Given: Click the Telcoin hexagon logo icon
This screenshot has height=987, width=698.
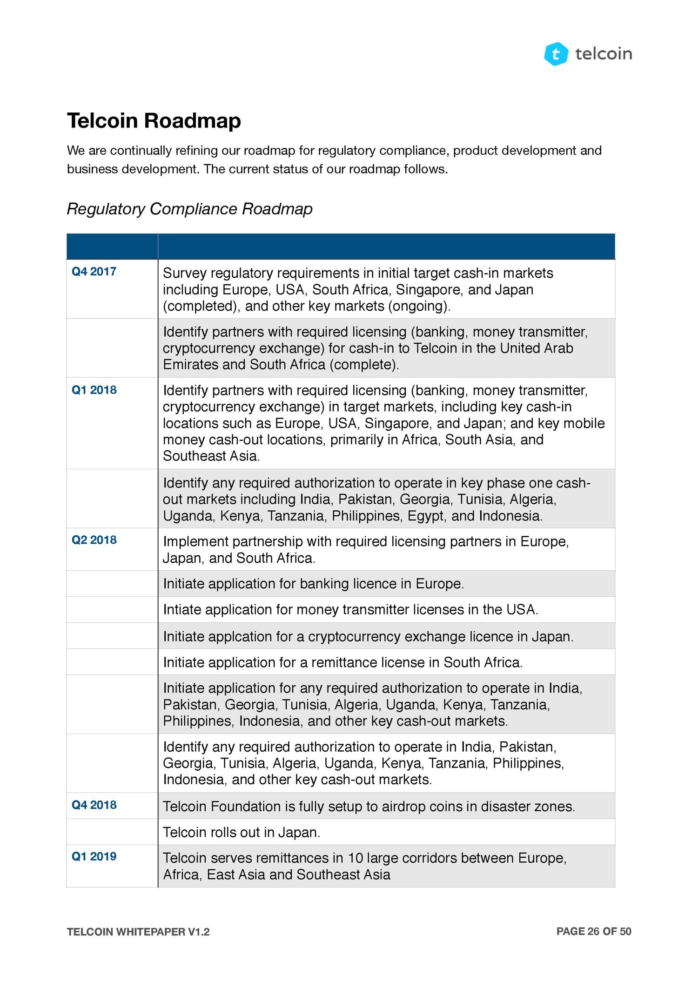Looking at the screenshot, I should tap(556, 54).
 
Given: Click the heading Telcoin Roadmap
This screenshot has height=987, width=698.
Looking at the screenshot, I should tap(154, 120).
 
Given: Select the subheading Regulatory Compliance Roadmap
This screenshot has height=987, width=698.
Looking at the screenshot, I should tap(189, 209).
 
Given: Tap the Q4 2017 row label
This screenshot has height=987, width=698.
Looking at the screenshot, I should tap(94, 272).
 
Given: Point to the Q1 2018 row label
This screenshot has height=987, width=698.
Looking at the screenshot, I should tap(94, 390).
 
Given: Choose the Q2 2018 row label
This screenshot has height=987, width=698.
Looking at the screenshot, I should tap(94, 540).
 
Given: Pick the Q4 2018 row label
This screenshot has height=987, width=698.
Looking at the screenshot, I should tap(94, 805).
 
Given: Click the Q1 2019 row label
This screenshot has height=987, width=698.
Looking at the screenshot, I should tap(94, 856).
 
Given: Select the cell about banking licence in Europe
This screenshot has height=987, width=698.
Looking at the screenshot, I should tap(313, 584).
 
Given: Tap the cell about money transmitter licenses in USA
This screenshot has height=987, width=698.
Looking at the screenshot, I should tap(350, 610).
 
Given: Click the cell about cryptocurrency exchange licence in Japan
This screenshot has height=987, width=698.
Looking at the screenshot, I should tap(368, 636).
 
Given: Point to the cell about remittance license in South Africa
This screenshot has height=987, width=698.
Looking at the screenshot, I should tap(342, 662).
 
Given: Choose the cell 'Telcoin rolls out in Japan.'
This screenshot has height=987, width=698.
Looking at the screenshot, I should tap(242, 832).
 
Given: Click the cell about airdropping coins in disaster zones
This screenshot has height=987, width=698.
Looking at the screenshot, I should tap(369, 806).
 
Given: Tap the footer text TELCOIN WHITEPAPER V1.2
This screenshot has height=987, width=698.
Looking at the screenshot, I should tap(138, 932).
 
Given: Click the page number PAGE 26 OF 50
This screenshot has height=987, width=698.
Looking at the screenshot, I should tap(594, 931).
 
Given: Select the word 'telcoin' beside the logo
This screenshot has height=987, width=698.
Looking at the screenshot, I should tap(604, 54).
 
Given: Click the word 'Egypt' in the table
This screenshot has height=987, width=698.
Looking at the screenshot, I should tap(425, 516).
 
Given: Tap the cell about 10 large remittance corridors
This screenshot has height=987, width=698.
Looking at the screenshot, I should tap(364, 866).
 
